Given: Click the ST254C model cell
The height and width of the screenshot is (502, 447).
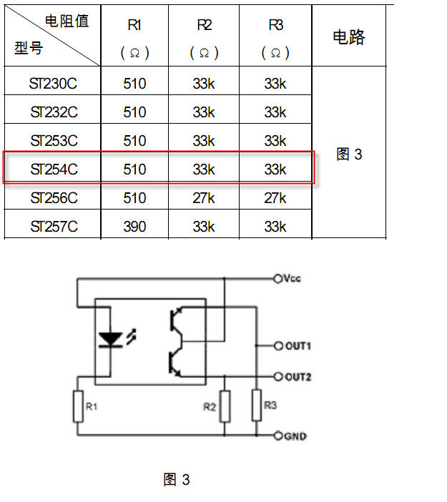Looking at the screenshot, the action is point(54,169).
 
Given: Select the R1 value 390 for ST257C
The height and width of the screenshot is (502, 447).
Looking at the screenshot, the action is point(134,227).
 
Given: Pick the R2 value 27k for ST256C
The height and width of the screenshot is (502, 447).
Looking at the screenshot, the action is point(204,198).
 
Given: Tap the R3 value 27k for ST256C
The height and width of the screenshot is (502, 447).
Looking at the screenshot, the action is point(275,198).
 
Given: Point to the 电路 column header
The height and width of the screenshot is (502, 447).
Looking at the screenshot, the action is point(349,36).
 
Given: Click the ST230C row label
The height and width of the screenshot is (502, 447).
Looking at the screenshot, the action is point(53,84).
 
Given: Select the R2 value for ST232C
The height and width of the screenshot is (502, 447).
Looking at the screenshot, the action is point(204,112).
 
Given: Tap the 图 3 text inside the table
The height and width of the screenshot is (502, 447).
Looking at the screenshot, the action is point(349,154).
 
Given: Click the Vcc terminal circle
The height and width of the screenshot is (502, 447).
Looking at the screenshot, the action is point(277,279).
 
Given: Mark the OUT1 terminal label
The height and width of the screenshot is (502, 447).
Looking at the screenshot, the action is point(298,346).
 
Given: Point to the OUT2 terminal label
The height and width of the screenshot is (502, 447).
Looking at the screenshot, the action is point(298,377).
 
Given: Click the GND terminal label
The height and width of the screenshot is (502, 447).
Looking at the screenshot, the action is point(295,436).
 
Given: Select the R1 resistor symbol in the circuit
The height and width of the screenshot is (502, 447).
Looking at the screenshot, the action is point(78,406).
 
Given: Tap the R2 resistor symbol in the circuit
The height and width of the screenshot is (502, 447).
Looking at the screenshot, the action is point(225,406).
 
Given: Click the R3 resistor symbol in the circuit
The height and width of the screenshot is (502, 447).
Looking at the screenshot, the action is point(257,405).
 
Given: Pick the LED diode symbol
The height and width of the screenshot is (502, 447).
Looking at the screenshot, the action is point(111,340).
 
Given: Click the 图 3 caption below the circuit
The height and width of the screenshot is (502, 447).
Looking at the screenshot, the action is point(177,480).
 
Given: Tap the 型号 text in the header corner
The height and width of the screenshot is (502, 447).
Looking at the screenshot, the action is point(29,48).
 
